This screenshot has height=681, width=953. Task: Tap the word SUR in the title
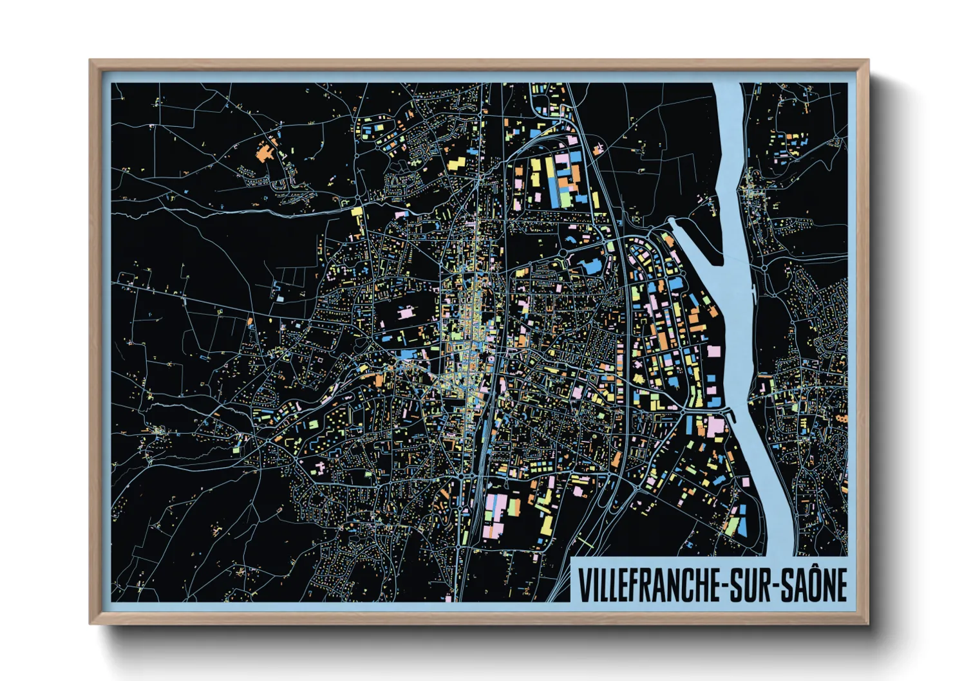pyautogui.click(x=753, y=585)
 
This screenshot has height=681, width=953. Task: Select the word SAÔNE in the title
pyautogui.click(x=814, y=585)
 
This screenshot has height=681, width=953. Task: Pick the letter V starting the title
pyautogui.click(x=583, y=585)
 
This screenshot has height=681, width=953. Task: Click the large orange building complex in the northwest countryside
pyautogui.click(x=264, y=151)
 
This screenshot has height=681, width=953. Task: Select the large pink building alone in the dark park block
pyautogui.click(x=406, y=313)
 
